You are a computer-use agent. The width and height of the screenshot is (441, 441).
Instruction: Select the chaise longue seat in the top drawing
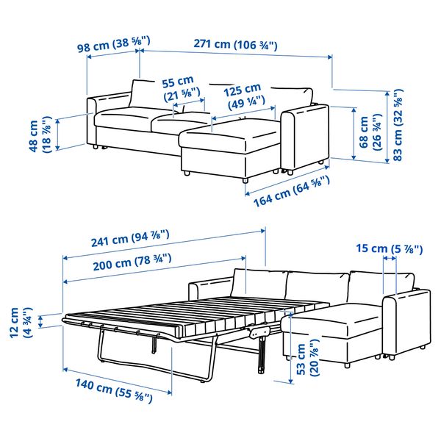pyautogui.click(x=228, y=136)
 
